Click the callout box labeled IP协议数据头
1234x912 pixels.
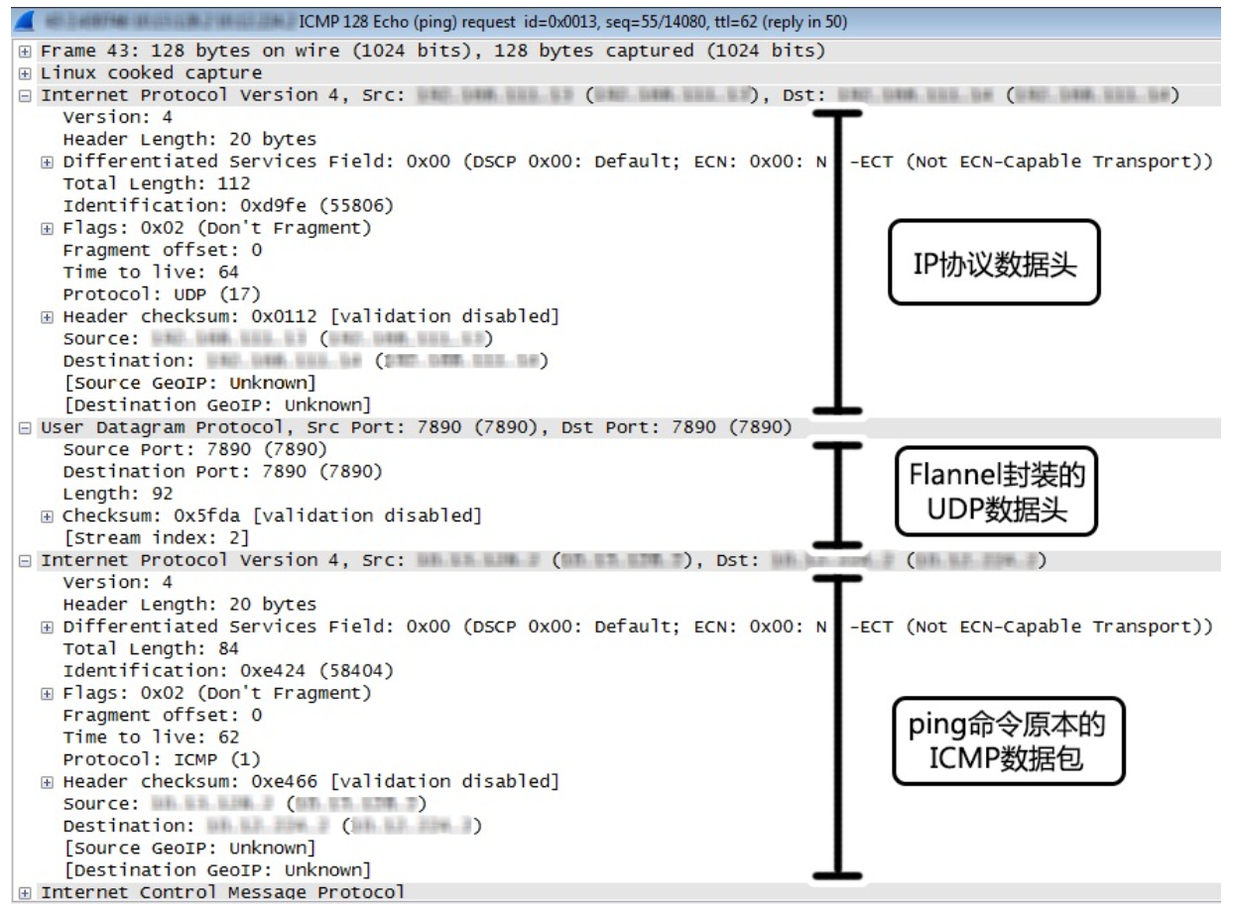pos(993,263)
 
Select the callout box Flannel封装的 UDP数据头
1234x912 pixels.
pos(996,492)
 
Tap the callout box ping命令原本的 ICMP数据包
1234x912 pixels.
pos(1008,740)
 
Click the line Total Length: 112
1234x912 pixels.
pos(157,183)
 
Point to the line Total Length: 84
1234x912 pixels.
pos(151,648)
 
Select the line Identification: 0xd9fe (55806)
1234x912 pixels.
pos(228,206)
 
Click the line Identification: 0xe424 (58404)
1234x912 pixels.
pos(228,671)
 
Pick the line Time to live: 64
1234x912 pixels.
pos(151,272)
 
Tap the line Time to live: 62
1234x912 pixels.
pos(151,738)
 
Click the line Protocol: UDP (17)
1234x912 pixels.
pos(162,294)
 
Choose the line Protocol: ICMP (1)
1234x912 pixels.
pos(162,759)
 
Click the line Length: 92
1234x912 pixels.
pos(118,494)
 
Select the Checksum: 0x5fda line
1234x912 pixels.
pos(272,515)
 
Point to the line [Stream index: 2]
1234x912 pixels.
pos(156,538)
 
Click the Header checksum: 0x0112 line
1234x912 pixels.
pos(310,316)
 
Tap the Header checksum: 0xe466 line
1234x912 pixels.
pos(310,781)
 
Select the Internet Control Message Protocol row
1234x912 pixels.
pos(222,893)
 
